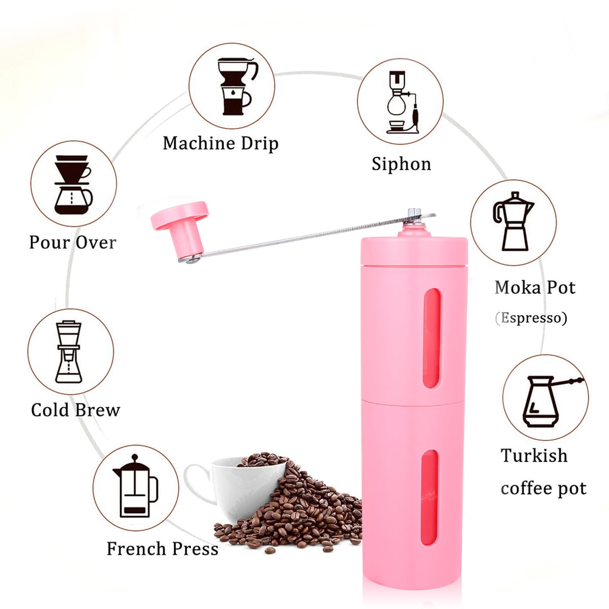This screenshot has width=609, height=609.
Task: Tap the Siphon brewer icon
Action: (400, 102)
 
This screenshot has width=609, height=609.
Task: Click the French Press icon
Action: (136, 488)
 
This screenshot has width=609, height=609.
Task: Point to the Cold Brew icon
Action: (70, 352)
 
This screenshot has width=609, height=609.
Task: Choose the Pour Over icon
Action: (73, 184)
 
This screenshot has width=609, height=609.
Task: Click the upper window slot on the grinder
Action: (431, 339)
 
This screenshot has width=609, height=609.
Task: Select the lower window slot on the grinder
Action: (430, 497)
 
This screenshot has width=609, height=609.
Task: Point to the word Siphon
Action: (401, 164)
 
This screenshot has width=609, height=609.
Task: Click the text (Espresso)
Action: (531, 318)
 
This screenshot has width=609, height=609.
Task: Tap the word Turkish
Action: (534, 455)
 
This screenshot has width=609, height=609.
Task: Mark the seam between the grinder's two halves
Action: (414, 398)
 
